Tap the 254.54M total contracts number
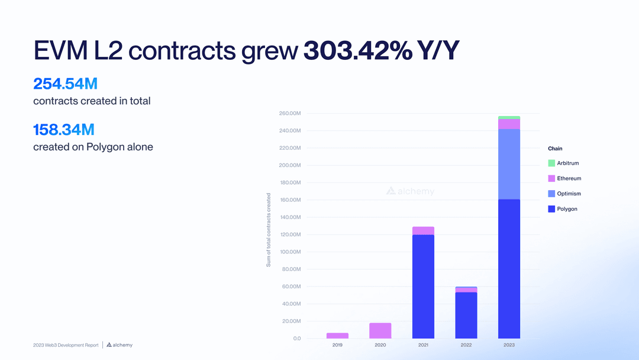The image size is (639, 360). tap(65, 83)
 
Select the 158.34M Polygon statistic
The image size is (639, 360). tap(64, 129)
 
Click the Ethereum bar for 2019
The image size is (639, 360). tap(337, 336)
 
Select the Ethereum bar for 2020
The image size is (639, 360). tap(380, 330)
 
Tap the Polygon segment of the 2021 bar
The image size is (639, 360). tap(423, 287)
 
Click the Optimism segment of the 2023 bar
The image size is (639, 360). tap(509, 164)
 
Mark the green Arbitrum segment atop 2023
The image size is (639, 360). tap(509, 118)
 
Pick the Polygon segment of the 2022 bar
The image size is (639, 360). tap(466, 315)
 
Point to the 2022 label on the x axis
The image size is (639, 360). tap(466, 345)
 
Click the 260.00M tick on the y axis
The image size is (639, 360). tap(289, 113)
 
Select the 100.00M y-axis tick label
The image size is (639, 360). tap(289, 252)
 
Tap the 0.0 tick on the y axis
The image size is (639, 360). tap(296, 338)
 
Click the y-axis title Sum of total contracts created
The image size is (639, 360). tap(269, 230)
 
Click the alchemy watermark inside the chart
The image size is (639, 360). tap(410, 191)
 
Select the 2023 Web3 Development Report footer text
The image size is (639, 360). tap(66, 345)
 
